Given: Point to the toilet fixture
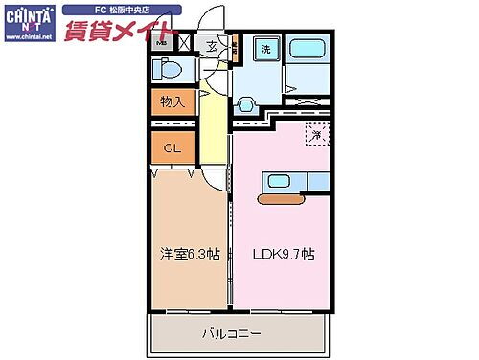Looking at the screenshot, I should pos(170,69).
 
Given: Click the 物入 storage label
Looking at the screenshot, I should pos(172,101).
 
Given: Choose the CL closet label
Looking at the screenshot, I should pos(172,147).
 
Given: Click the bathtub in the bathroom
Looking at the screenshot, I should pos(308,50).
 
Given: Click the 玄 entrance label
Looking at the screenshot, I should pos(212,44).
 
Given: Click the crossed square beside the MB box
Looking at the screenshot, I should pos(184,43).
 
